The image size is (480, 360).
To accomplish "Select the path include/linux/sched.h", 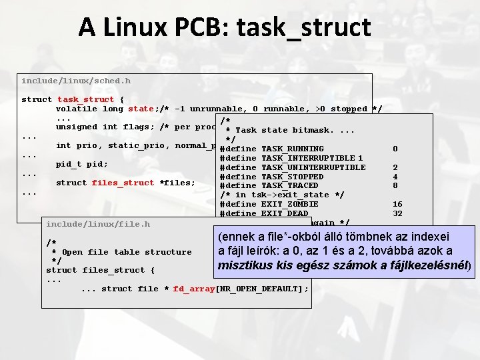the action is [76, 81].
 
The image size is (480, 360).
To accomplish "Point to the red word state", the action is [141, 109].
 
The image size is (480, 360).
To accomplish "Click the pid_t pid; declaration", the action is [82, 164].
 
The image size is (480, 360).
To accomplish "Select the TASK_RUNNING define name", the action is [293, 149].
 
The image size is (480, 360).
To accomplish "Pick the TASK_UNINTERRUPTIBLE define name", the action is [313, 167].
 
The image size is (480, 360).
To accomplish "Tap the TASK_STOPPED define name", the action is [293, 177].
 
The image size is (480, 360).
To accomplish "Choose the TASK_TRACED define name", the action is [290, 185].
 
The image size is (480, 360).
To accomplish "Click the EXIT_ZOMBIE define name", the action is [290, 204].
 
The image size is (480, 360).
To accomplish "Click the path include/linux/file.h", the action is [98, 224].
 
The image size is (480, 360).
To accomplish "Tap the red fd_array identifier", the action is [194, 289].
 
